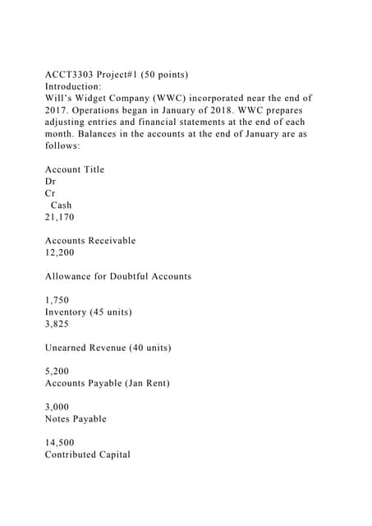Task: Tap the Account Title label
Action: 75,169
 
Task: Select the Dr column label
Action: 51,182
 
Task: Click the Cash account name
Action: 62,205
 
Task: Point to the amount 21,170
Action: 60,217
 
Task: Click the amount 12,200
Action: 60,253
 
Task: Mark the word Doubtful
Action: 137,277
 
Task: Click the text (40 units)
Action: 144,348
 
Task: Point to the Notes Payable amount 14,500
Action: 60,442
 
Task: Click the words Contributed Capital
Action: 87,454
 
